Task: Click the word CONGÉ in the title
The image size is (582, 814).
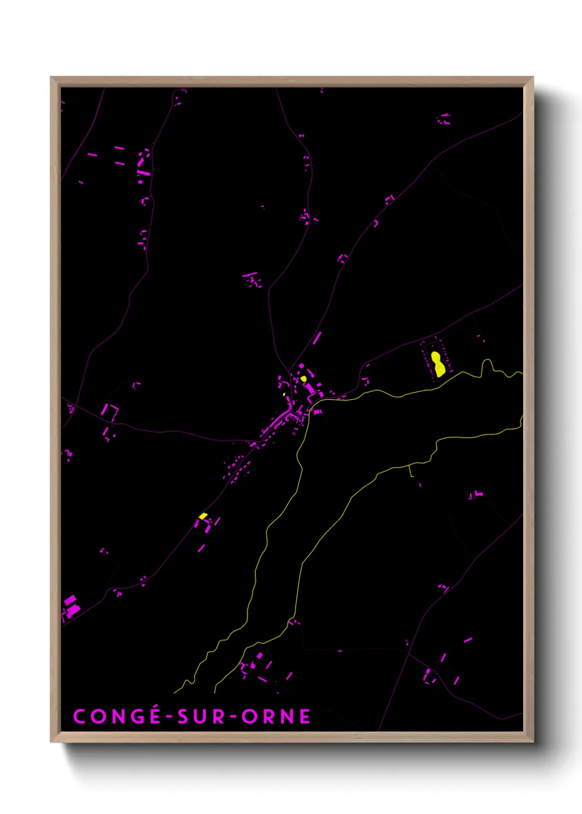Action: pyautogui.click(x=117, y=717)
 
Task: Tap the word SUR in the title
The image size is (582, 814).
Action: pyautogui.click(x=201, y=717)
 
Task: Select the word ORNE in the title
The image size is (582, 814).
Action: pyautogui.click(x=276, y=717)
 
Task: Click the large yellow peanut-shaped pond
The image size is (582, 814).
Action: pyautogui.click(x=438, y=364)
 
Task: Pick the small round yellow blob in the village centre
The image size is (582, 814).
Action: pyautogui.click(x=304, y=378)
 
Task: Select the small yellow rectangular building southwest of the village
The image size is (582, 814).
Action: pyautogui.click(x=203, y=516)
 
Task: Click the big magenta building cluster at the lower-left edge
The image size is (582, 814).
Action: pyautogui.click(x=71, y=607)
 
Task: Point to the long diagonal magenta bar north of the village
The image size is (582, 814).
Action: pyautogui.click(x=317, y=338)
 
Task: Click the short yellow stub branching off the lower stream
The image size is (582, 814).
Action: pyautogui.click(x=410, y=470)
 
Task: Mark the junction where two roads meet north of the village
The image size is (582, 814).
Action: pyautogui.click(x=289, y=370)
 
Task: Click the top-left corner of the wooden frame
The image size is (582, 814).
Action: pyautogui.click(x=52, y=78)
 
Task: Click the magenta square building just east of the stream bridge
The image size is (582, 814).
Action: pyautogui.click(x=317, y=411)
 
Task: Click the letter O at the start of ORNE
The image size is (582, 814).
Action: pyautogui.click(x=249, y=717)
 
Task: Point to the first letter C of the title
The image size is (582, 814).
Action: pyautogui.click(x=79, y=717)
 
